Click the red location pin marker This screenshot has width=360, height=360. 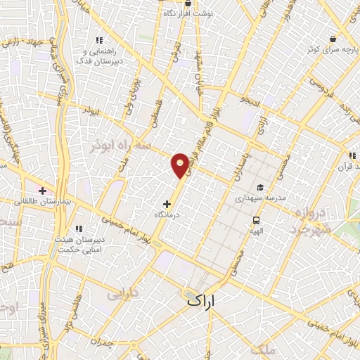click(181, 165)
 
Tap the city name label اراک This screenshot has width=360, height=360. click(209, 300)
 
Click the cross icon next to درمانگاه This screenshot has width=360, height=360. click(166, 203)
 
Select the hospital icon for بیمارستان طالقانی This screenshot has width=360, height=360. click(43, 191)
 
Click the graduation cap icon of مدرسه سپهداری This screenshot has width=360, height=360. click(260, 188)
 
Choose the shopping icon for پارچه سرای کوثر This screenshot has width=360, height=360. click(332, 39)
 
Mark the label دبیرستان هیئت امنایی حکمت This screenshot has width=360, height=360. click(79, 244)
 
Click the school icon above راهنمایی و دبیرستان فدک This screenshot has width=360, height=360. click(99, 40)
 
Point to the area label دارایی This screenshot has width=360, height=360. click(124, 292)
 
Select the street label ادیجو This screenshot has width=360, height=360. click(251, 102)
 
